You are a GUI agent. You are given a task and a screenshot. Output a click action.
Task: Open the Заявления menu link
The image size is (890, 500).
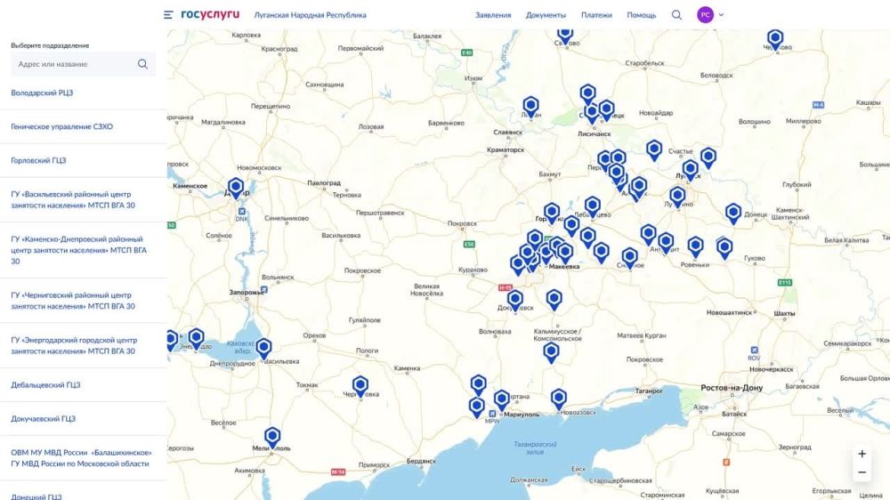pos(493,15)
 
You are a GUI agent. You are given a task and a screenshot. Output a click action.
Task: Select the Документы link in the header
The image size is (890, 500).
pos(546,15)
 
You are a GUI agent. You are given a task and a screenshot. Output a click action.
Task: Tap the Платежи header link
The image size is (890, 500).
pos(596,15)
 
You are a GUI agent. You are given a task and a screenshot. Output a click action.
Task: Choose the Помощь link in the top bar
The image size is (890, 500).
pos(642,15)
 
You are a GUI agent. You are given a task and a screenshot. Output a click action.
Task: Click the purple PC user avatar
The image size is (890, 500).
pos(706,15)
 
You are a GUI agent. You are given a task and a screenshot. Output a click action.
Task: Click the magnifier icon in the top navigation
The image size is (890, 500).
pos(676,15)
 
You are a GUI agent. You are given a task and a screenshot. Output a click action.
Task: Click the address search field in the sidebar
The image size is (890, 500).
pos(76,64)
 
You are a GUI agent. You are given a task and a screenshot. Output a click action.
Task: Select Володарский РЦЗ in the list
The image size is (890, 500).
pos(42,93)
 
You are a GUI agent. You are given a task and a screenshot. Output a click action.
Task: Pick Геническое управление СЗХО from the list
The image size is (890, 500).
pos(61,126)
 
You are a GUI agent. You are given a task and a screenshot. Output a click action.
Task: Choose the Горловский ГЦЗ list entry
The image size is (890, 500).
pos(38,160)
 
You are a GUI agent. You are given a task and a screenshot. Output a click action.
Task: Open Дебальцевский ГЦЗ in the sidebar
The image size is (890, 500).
pos(45,385)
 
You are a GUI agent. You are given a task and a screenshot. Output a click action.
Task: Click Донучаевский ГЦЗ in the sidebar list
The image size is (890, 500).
pos(43,418)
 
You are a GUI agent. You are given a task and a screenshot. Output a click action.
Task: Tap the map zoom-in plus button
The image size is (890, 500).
pos(862,454)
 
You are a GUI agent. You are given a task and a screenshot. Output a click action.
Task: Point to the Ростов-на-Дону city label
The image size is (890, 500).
pos(732,388)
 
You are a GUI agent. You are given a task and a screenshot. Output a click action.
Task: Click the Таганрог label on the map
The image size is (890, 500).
pos(649,391)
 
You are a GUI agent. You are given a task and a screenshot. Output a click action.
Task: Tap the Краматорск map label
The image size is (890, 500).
pos(506,149)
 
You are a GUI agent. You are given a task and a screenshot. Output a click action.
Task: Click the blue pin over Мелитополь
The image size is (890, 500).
pos(272,436)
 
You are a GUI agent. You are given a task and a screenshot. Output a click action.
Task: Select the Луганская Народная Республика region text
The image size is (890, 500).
pos(310,15)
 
